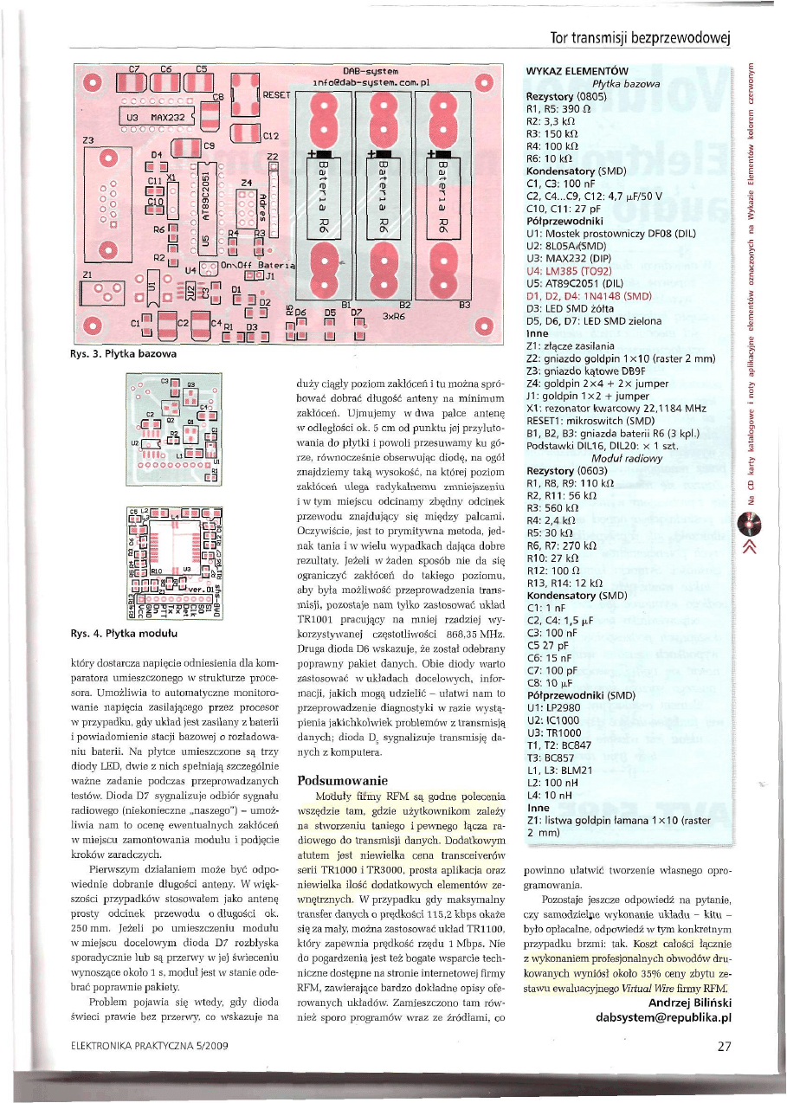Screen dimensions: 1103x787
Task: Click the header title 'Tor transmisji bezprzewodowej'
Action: [x=641, y=38]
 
